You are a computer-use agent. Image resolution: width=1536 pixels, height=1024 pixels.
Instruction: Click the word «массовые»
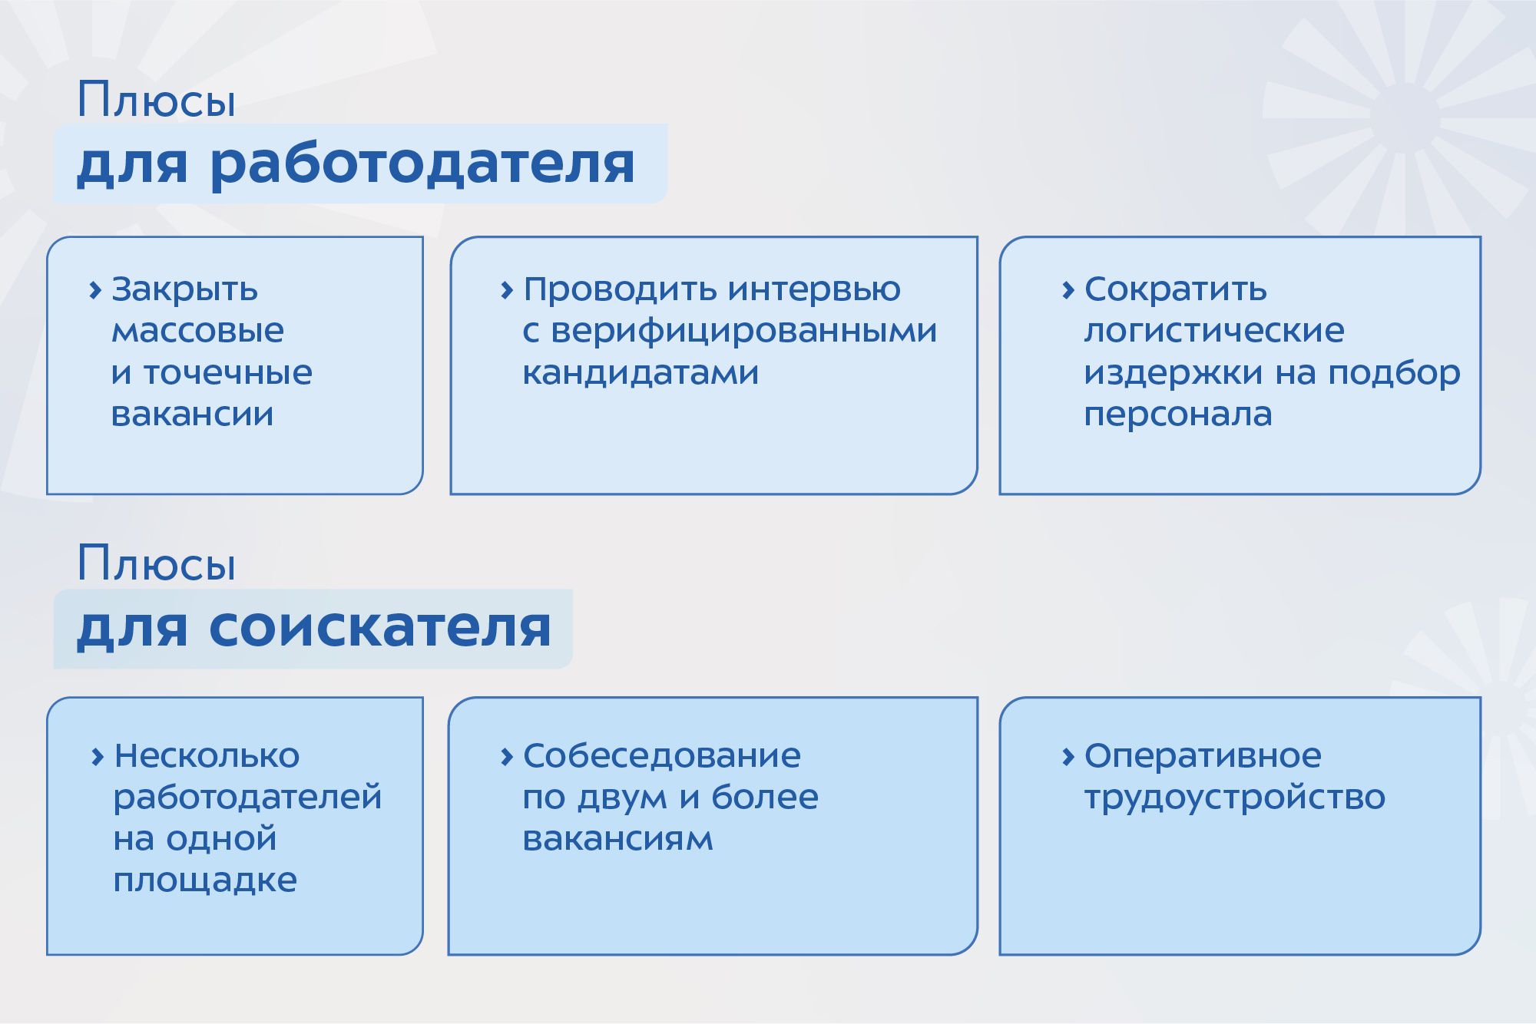197,332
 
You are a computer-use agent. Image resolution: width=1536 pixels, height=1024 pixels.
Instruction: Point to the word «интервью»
814,290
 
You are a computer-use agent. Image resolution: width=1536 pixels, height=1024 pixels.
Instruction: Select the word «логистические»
1214,332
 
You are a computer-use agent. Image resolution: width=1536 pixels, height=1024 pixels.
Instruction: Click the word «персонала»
1178,415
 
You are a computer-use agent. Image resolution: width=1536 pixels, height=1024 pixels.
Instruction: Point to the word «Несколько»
207,756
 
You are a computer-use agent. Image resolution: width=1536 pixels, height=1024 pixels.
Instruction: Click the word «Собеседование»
661,756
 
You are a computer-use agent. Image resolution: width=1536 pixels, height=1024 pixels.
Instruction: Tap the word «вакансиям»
617,840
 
